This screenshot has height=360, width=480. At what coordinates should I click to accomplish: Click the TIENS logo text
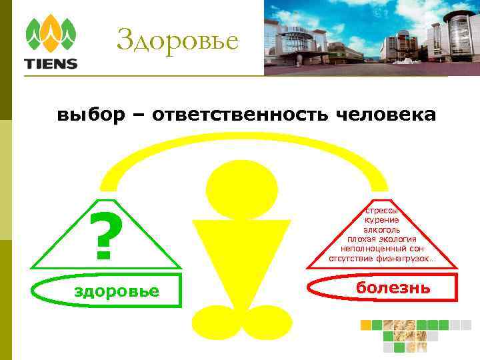click(51, 64)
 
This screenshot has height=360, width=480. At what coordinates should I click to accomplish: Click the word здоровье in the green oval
click(117, 291)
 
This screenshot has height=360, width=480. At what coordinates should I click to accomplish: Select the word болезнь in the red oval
click(393, 288)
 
